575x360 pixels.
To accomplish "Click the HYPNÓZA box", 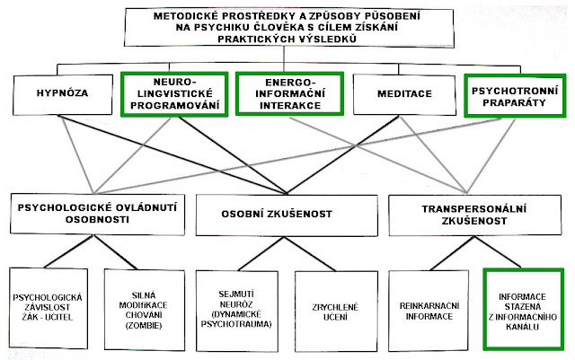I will [58, 94].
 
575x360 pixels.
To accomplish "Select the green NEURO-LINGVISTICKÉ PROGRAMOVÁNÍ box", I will [170, 94].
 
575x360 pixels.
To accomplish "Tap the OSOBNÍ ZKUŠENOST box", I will [287, 214].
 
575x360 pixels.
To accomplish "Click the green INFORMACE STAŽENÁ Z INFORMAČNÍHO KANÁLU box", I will [522, 311].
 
